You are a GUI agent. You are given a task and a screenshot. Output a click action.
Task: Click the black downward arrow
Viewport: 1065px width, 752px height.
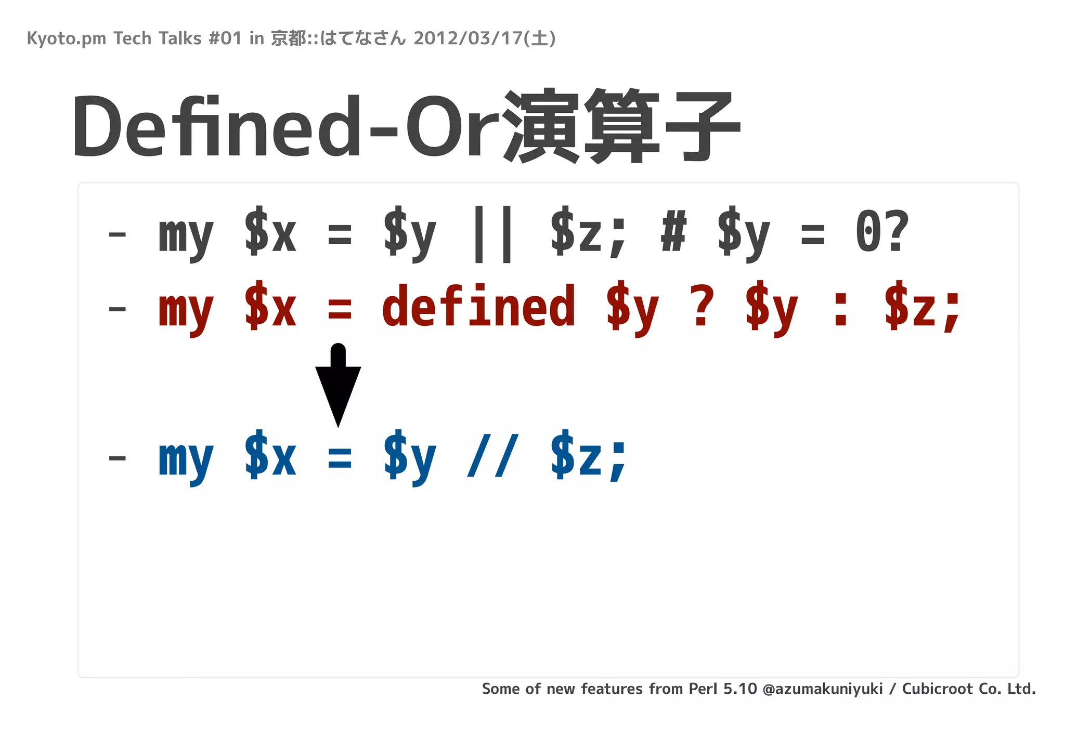[x=338, y=387]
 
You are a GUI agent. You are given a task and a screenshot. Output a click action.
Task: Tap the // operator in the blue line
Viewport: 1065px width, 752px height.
[x=492, y=457]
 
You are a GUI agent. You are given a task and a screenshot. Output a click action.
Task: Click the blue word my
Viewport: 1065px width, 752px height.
[x=186, y=460]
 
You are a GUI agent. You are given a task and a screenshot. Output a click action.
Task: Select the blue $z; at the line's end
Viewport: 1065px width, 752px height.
[x=589, y=457]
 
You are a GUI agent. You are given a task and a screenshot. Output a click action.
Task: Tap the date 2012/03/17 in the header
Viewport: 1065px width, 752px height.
[x=468, y=38]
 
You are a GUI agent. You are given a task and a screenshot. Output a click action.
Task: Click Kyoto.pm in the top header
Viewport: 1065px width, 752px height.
[x=66, y=39]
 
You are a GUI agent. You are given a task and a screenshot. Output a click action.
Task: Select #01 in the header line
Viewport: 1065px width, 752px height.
[x=225, y=38]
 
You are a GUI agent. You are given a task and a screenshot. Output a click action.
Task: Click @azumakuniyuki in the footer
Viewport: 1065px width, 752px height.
[x=823, y=689]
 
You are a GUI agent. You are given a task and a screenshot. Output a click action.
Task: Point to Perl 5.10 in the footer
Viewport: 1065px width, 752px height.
[x=723, y=689]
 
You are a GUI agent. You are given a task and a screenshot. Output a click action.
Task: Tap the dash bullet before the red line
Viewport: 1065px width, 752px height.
[x=117, y=310]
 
